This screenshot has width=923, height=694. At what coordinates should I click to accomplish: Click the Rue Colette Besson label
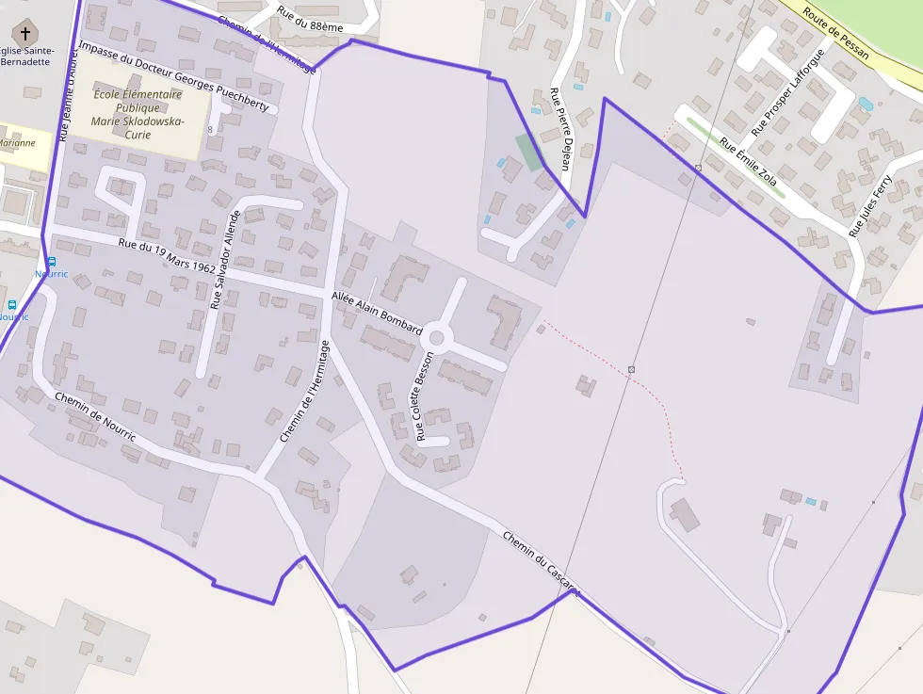click(425, 396)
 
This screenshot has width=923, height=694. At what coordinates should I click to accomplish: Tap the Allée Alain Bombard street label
click(377, 313)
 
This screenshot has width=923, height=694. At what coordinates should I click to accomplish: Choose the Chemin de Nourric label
click(95, 416)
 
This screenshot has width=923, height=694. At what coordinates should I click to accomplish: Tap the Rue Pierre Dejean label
click(560, 128)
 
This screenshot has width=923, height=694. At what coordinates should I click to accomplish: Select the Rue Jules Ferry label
click(869, 204)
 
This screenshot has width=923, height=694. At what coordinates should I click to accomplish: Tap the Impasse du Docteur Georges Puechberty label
click(174, 75)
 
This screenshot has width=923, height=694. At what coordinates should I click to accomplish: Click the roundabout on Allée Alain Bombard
click(436, 337)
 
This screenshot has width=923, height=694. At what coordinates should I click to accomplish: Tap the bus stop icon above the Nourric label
click(51, 262)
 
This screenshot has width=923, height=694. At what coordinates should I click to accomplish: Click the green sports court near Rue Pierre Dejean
click(528, 151)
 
